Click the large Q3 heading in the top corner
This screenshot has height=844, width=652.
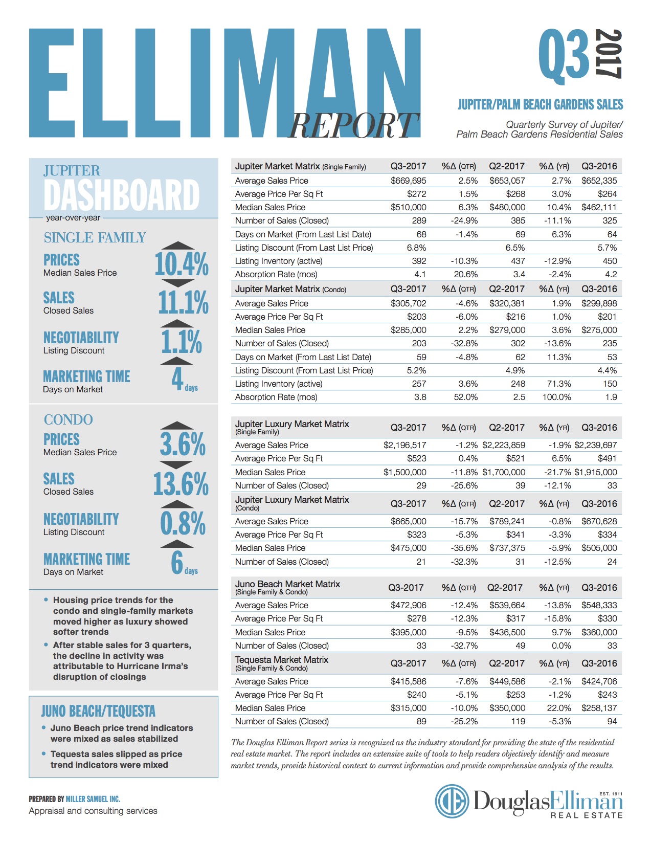click(x=564, y=56)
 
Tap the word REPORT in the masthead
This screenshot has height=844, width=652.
click(x=353, y=126)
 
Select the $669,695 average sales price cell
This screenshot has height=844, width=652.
click(x=408, y=181)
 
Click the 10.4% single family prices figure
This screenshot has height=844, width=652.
click(x=182, y=264)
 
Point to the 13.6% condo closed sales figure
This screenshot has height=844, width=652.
click(x=181, y=483)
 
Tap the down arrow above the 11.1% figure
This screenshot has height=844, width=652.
click(x=177, y=283)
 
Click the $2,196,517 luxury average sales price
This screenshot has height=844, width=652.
click(x=404, y=445)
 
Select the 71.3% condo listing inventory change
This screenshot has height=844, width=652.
click(x=559, y=384)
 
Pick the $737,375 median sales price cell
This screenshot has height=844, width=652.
click(x=507, y=548)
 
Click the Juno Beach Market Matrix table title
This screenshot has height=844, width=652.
click(x=287, y=584)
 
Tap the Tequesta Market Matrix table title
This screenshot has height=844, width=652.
click(x=282, y=660)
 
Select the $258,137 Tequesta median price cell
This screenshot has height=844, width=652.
click(x=599, y=708)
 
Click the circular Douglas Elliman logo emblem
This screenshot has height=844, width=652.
click(x=452, y=801)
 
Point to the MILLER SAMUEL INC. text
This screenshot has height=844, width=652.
click(x=93, y=799)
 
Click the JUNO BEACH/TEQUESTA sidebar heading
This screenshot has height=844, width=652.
click(x=98, y=711)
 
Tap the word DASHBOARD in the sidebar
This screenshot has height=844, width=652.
click(x=122, y=194)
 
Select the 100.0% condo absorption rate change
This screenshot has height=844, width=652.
click(x=556, y=397)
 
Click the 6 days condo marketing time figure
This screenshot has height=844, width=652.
click(x=184, y=563)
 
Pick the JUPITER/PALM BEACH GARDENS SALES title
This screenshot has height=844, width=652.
click(x=540, y=104)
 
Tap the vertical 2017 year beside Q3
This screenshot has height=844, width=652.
click(x=609, y=54)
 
